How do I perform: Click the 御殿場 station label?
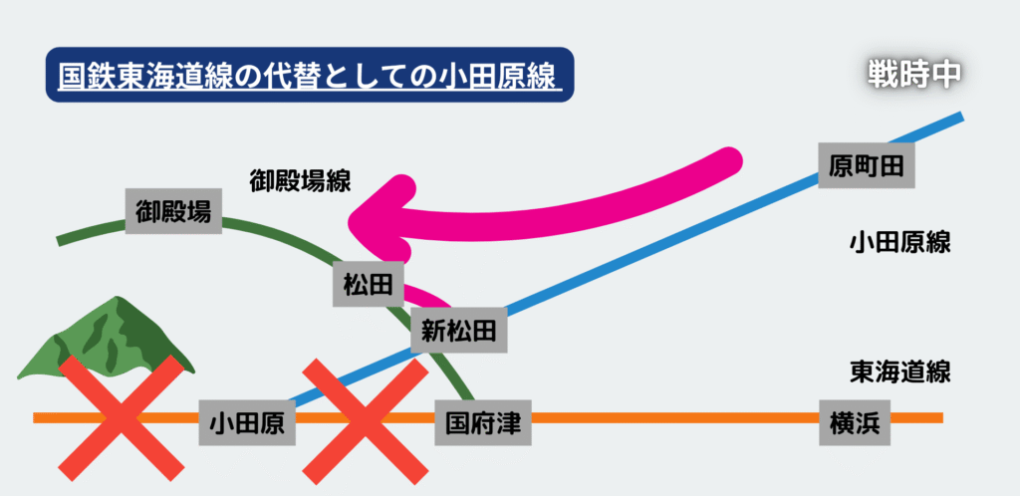[x=173, y=210]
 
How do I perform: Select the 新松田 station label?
[x=458, y=330]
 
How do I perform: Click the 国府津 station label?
[x=482, y=423]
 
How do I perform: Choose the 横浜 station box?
[x=853, y=423]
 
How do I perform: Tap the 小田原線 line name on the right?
[x=900, y=243]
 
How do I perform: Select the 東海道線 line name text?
[x=900, y=372]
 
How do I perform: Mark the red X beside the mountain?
[x=122, y=414]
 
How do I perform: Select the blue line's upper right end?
[x=959, y=119]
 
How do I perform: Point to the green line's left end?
[x=62, y=240]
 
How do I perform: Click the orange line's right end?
[x=938, y=417]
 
